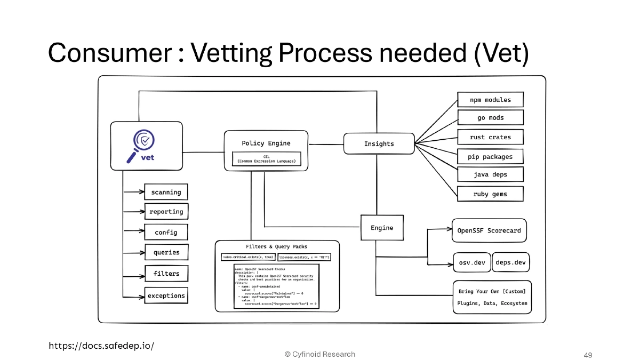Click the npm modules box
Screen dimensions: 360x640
[x=490, y=100]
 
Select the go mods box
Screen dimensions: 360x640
[x=490, y=118]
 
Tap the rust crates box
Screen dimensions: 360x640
[x=490, y=137]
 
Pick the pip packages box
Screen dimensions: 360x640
[x=490, y=157]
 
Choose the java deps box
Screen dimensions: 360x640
[x=490, y=174]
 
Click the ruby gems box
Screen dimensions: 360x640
[x=490, y=194]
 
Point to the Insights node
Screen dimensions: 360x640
[x=379, y=143]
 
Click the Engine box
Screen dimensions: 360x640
[x=382, y=228]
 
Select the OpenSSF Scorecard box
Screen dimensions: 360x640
[x=489, y=231]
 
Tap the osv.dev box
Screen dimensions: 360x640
[x=471, y=262]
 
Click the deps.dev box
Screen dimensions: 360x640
[x=510, y=262]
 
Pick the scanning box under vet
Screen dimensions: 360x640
[x=166, y=192]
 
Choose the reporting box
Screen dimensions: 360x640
[x=166, y=212]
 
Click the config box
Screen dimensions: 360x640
[x=166, y=233]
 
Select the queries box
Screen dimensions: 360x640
[x=166, y=252]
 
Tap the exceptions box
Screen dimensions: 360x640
[x=166, y=295]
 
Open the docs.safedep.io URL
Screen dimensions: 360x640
[x=101, y=346]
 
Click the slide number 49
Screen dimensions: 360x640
[x=588, y=355]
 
